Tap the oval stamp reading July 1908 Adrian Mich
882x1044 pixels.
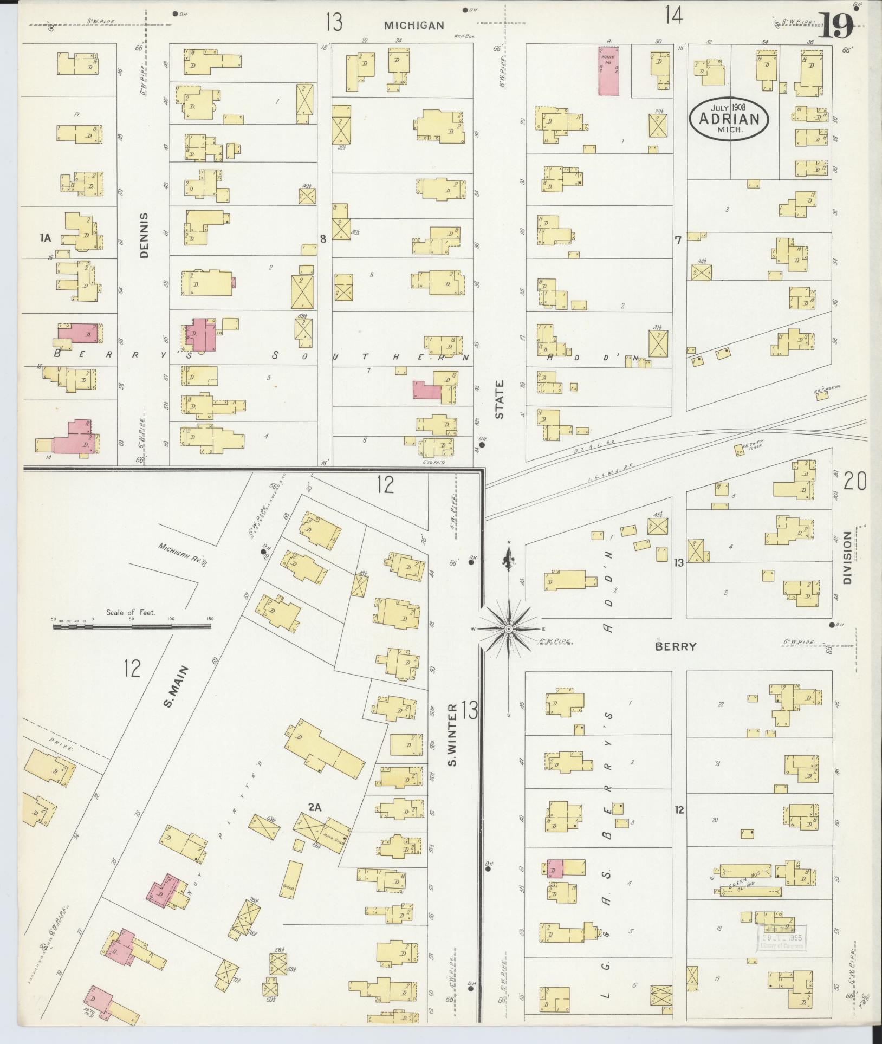coord(729,119)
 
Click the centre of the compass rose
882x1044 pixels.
coord(509,628)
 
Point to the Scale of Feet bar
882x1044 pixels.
coord(132,626)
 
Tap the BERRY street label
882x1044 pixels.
coord(675,646)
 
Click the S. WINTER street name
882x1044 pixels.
coord(453,735)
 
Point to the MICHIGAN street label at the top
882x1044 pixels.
coord(414,25)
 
